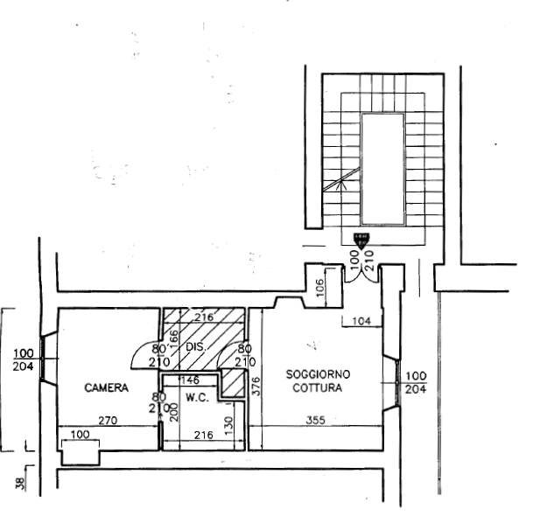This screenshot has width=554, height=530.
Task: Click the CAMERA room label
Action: pyautogui.click(x=107, y=387)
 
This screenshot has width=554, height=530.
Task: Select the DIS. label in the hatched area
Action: pyautogui.click(x=195, y=347)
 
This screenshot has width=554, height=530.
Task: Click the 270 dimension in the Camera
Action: pyautogui.click(x=108, y=420)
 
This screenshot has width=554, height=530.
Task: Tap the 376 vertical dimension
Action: pyautogui.click(x=256, y=386)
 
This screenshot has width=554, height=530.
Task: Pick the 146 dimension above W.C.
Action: pyautogui.click(x=188, y=380)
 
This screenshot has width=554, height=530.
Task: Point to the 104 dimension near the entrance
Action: pyautogui.click(x=361, y=322)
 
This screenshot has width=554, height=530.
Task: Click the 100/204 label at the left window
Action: pyautogui.click(x=24, y=360)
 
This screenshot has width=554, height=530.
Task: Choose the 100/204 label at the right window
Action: pyautogui.click(x=417, y=382)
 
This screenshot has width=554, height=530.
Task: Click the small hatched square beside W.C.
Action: pyautogui.click(x=230, y=382)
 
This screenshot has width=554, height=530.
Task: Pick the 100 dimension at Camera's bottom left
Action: pyautogui.click(x=80, y=434)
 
